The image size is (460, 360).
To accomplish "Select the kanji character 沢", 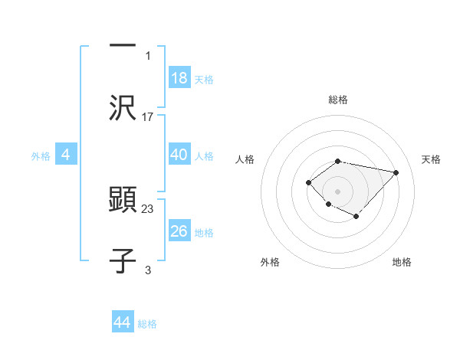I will (x=123, y=108).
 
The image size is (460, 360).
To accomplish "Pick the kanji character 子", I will (x=123, y=261).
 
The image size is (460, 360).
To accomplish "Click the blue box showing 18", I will (x=179, y=78).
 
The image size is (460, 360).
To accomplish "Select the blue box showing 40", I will (x=179, y=155).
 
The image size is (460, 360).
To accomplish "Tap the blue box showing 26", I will (x=179, y=231).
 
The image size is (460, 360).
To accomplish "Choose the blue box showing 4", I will (x=65, y=155).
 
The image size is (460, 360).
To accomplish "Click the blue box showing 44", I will (x=122, y=322).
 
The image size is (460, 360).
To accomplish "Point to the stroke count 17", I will (x=148, y=117).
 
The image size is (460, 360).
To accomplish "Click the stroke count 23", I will (x=148, y=208).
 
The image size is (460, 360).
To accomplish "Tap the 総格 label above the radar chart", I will (x=338, y=100).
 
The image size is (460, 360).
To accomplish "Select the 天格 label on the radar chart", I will (x=431, y=159).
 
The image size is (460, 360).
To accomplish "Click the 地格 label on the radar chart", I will (x=402, y=262).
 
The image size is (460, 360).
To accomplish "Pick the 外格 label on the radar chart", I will (x=270, y=262).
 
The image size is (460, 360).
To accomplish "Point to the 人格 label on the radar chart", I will (x=245, y=159).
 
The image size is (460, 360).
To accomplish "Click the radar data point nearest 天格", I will (x=396, y=172).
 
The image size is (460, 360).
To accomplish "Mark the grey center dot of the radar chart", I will (x=338, y=191).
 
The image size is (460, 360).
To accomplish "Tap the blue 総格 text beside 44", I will (x=147, y=324).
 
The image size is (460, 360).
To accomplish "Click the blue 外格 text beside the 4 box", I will (x=41, y=155).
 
